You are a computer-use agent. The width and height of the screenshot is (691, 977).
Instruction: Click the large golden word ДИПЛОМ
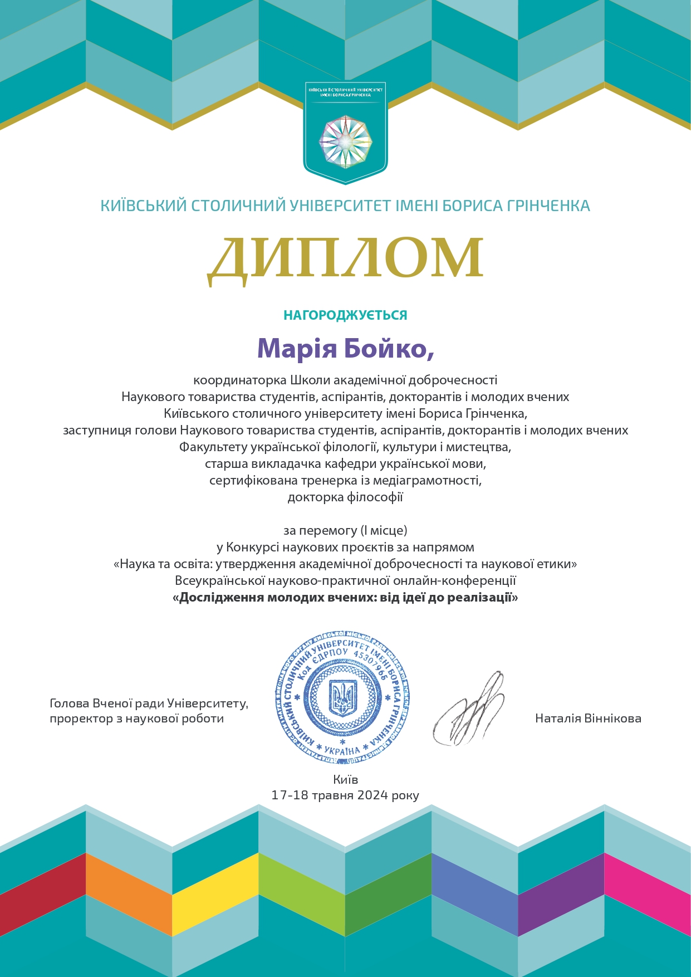345,257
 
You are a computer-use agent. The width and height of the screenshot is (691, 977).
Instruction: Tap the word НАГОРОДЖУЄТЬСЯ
345,315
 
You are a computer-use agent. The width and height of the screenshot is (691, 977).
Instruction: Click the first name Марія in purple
297,348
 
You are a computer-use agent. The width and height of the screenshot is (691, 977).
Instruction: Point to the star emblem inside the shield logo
345,142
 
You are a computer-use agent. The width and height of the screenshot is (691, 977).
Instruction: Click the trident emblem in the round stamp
343,698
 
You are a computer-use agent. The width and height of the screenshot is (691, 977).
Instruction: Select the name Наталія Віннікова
588,719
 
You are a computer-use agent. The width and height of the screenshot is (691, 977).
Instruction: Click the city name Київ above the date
345,779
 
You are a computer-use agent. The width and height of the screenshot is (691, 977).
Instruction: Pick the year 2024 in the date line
373,795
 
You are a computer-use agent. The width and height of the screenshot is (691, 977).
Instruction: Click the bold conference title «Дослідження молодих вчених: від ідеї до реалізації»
345,598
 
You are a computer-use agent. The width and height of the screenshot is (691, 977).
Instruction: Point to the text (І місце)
384,530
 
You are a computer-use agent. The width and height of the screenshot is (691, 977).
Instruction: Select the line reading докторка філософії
345,497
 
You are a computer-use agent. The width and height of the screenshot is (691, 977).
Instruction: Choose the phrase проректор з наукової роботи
136,719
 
